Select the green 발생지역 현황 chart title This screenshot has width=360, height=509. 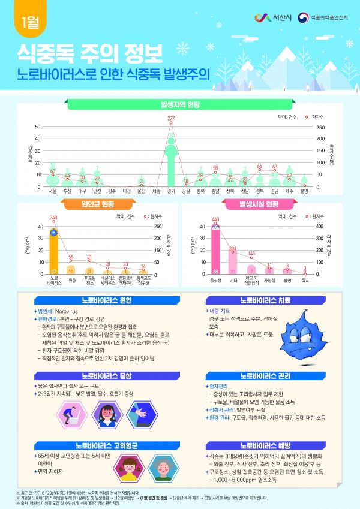[x=179, y=104]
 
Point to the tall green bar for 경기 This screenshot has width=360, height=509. [x=171, y=159]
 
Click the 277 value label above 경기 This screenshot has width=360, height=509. [x=171, y=118]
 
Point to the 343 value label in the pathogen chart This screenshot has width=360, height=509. [x=53, y=218]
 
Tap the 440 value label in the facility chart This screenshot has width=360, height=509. [x=215, y=219]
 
